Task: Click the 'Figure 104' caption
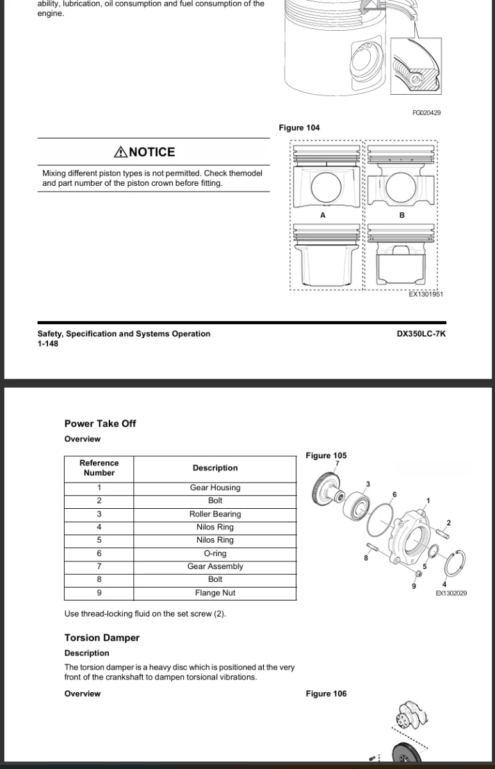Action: [x=299, y=128]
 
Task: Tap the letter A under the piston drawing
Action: [x=323, y=215]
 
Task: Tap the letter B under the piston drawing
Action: [x=402, y=215]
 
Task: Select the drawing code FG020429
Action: [x=426, y=113]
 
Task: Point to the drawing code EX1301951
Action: [x=426, y=294]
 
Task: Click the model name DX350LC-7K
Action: [x=421, y=334]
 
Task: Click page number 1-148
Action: [x=48, y=343]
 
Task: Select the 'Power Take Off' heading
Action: [x=100, y=424]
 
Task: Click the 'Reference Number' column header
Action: [x=99, y=468]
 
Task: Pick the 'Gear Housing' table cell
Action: [x=215, y=488]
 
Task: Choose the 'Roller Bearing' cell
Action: [x=215, y=514]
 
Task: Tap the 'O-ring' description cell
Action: [x=215, y=554]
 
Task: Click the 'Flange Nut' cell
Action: [x=215, y=593]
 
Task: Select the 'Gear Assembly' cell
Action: [x=215, y=566]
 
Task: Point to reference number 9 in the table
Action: [x=99, y=593]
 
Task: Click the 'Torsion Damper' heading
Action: [x=102, y=638]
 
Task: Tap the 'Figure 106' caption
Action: [x=326, y=693]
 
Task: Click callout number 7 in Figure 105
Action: [x=337, y=463]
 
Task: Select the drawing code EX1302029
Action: [x=451, y=593]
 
